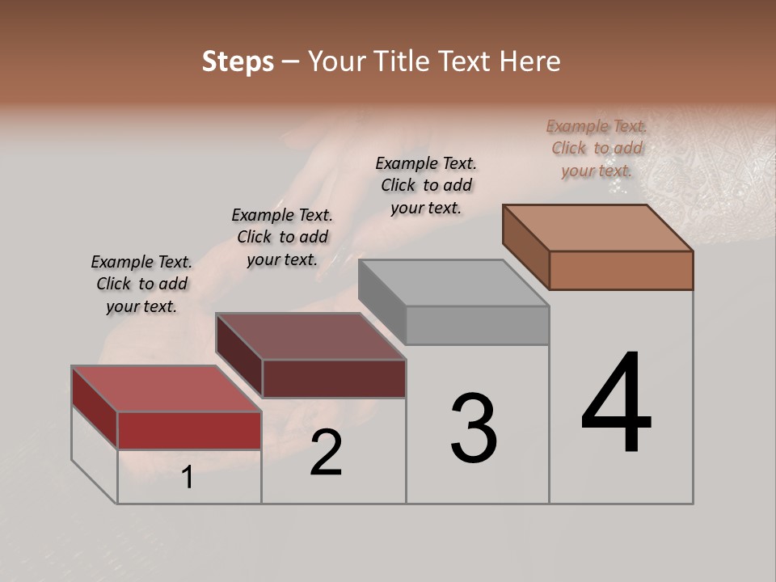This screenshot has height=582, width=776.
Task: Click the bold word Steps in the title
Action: pos(238,61)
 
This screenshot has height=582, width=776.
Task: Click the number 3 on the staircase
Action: pos(474,428)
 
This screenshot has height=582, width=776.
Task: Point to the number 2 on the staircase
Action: pos(326,453)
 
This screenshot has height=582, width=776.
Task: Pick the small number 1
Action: pos(188,477)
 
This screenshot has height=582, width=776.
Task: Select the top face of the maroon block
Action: pos(310,336)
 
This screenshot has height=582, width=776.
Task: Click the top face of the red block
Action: pos(167,389)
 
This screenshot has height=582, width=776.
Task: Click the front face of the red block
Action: pos(189,430)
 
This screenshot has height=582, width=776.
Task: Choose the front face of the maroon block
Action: pos(334,378)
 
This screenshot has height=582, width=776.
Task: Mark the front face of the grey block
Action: pos(477,325)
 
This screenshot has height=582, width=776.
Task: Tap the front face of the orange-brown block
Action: pos(621,270)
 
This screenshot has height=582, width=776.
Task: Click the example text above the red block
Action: pos(141,284)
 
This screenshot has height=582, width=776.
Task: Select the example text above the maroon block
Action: pos(282,237)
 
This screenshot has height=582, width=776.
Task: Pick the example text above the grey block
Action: pos(426,185)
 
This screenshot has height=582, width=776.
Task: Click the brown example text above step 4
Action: pos(597,148)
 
